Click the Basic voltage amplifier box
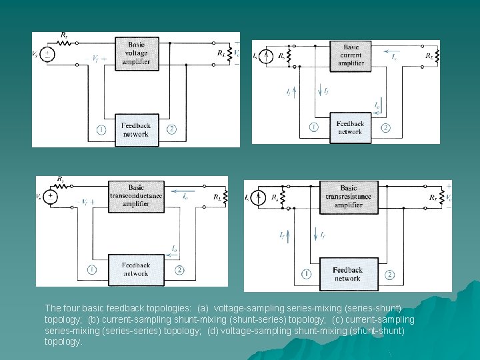click(136, 53)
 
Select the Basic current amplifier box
click(351, 55)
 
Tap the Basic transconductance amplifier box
click(136, 195)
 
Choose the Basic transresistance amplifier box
click(348, 197)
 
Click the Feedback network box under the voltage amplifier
click(136, 129)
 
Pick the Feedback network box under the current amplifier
click(351, 127)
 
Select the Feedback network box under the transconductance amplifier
click(136, 269)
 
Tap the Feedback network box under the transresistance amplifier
click(348, 274)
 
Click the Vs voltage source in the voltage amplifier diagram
click(48, 54)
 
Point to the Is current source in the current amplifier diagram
click(265, 56)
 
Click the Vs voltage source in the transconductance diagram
click(51, 197)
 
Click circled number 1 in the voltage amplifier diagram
click(101, 129)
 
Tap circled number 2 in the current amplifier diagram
click(385, 127)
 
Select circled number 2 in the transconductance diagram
click(180, 269)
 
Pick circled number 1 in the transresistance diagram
click(306, 274)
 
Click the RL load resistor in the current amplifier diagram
click(437, 56)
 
